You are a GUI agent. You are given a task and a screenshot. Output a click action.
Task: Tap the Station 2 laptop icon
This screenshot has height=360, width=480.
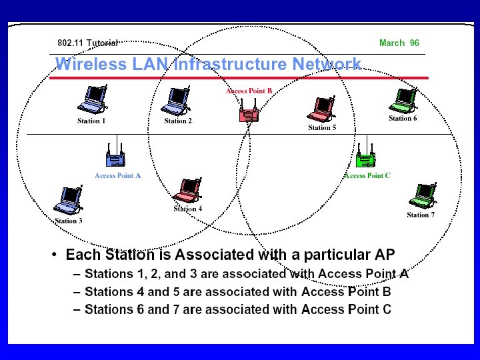click(x=177, y=100)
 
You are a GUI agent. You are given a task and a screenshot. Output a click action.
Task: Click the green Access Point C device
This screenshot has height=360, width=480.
click(x=365, y=157)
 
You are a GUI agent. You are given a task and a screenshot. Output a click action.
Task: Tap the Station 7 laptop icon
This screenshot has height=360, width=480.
click(x=421, y=195)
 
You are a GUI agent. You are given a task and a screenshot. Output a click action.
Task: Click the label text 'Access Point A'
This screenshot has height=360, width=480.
click(x=118, y=175)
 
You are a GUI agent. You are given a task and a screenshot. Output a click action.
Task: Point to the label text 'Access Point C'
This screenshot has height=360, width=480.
click(x=367, y=175)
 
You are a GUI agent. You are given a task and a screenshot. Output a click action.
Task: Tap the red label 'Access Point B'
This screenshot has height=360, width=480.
click(x=249, y=91)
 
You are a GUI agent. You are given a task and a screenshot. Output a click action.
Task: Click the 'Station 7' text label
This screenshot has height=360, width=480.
click(x=421, y=215)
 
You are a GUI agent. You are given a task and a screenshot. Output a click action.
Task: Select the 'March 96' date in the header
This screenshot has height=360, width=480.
click(x=399, y=43)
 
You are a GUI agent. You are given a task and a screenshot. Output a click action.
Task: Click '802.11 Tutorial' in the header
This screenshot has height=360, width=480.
click(x=87, y=43)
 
